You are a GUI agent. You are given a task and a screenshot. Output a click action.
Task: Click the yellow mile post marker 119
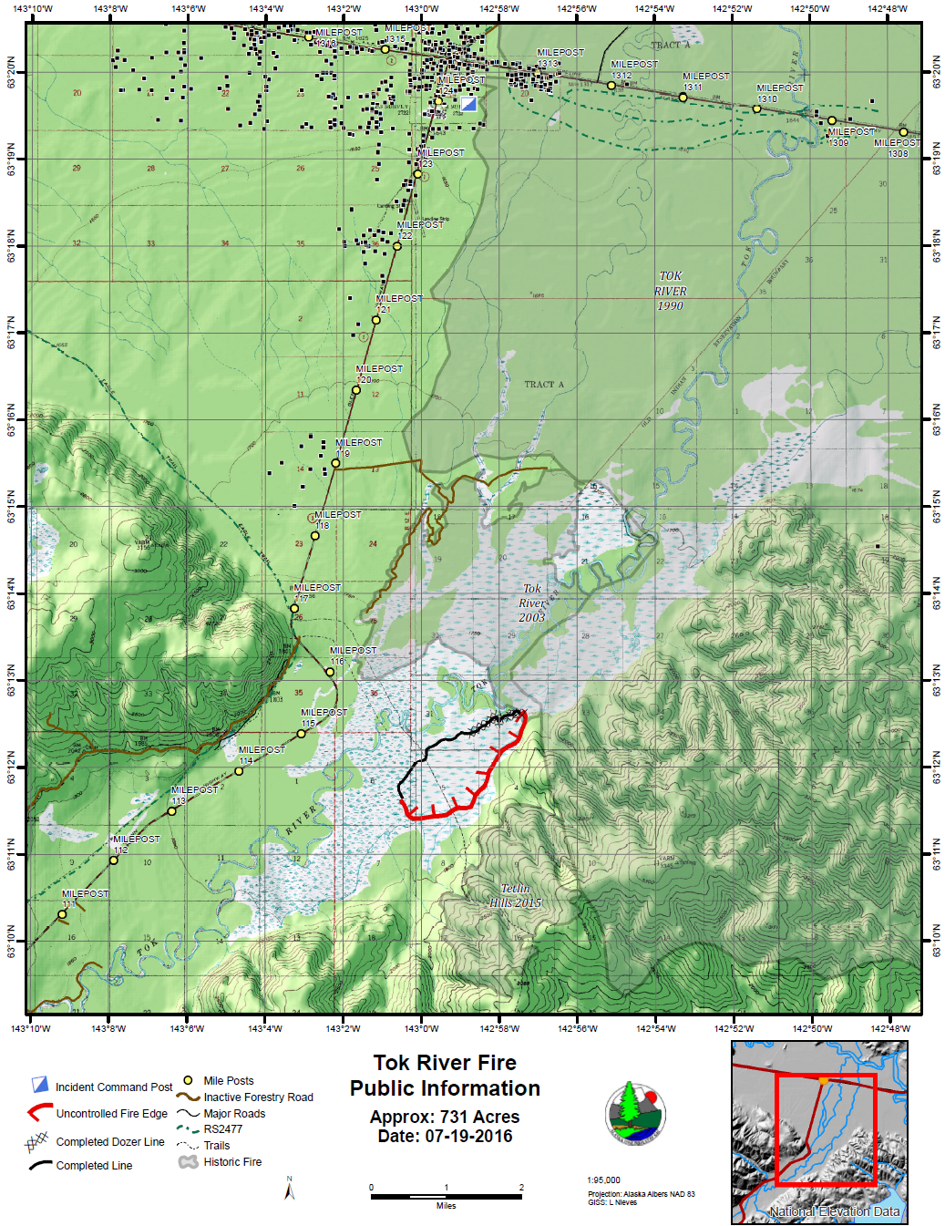tap(335, 463)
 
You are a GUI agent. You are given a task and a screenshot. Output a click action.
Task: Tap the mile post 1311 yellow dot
tap(683, 98)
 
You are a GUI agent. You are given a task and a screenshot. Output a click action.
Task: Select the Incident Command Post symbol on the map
tap(468, 104)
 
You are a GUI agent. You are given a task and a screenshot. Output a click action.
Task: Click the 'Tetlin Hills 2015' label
tap(516, 895)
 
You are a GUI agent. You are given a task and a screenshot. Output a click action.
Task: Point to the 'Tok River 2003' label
tap(532, 603)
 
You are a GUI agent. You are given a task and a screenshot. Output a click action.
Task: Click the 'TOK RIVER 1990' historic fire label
tap(670, 291)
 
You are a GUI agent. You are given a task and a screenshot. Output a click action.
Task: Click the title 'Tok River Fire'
tap(445, 1063)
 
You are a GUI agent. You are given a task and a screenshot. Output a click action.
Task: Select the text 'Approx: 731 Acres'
tap(445, 1117)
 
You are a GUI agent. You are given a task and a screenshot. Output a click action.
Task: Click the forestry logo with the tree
tap(635, 1112)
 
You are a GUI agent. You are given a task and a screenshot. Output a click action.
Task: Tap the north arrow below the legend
tap(290, 1189)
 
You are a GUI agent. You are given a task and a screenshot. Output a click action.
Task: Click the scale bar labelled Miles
tap(446, 1196)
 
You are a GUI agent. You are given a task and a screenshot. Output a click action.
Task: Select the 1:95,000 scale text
tap(603, 1180)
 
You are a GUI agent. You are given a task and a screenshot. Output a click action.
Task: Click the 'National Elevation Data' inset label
tap(834, 1211)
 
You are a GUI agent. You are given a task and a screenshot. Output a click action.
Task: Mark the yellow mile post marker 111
tap(63, 914)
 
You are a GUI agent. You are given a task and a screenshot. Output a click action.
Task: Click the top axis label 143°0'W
tap(421, 9)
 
